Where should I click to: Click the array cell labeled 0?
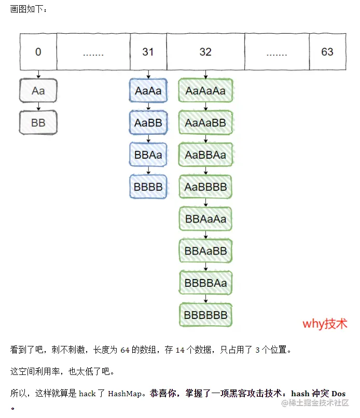click(x=38, y=52)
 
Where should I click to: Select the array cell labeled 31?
click(x=148, y=52)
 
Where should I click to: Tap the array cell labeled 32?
click(x=205, y=52)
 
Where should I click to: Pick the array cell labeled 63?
click(x=327, y=52)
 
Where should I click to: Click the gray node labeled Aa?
click(x=38, y=91)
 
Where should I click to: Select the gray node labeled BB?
click(x=38, y=123)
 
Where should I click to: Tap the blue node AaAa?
click(x=148, y=91)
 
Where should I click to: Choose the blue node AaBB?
click(x=148, y=123)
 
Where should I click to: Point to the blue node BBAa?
click(x=148, y=155)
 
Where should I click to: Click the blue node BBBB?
click(x=148, y=187)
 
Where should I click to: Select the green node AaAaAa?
click(x=205, y=91)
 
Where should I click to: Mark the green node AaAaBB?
click(x=205, y=123)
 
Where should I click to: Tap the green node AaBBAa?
click(x=205, y=155)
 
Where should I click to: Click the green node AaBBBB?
click(x=205, y=187)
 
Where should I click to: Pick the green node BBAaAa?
click(x=205, y=219)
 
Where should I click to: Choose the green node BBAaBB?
click(x=205, y=251)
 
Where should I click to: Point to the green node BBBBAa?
click(x=205, y=283)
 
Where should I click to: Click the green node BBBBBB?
click(x=205, y=315)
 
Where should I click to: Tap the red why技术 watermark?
click(x=325, y=324)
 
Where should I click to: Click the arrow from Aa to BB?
click(x=38, y=107)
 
